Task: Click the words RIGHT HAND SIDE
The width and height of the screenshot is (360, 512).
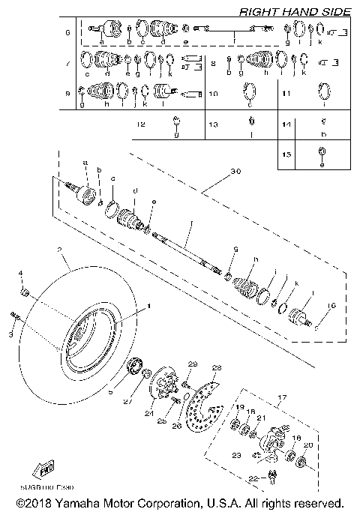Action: click(x=293, y=11)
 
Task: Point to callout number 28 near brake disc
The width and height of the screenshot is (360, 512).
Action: click(x=217, y=367)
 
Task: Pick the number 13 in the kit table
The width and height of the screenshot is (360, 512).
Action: click(x=213, y=124)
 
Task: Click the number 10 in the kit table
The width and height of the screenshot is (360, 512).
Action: click(x=213, y=94)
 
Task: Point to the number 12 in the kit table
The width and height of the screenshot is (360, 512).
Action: click(x=140, y=124)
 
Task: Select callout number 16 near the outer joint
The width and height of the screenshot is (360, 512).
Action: click(x=328, y=307)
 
